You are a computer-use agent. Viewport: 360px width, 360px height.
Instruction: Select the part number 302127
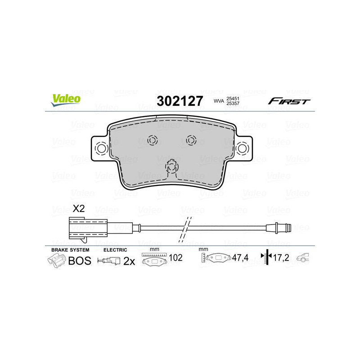[180, 101]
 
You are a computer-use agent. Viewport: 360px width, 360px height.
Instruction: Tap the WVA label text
[219, 101]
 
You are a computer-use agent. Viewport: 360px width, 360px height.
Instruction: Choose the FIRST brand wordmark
[289, 101]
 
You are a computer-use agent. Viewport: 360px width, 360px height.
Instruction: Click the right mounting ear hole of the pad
[243, 148]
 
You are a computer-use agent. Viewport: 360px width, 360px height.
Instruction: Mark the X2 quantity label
[79, 208]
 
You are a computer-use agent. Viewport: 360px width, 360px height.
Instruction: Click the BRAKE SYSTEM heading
[70, 249]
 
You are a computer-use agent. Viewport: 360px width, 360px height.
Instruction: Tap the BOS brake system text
[79, 261]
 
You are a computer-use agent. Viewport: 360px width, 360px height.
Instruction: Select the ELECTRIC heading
[115, 249]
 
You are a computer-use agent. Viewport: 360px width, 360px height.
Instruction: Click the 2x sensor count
[130, 261]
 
